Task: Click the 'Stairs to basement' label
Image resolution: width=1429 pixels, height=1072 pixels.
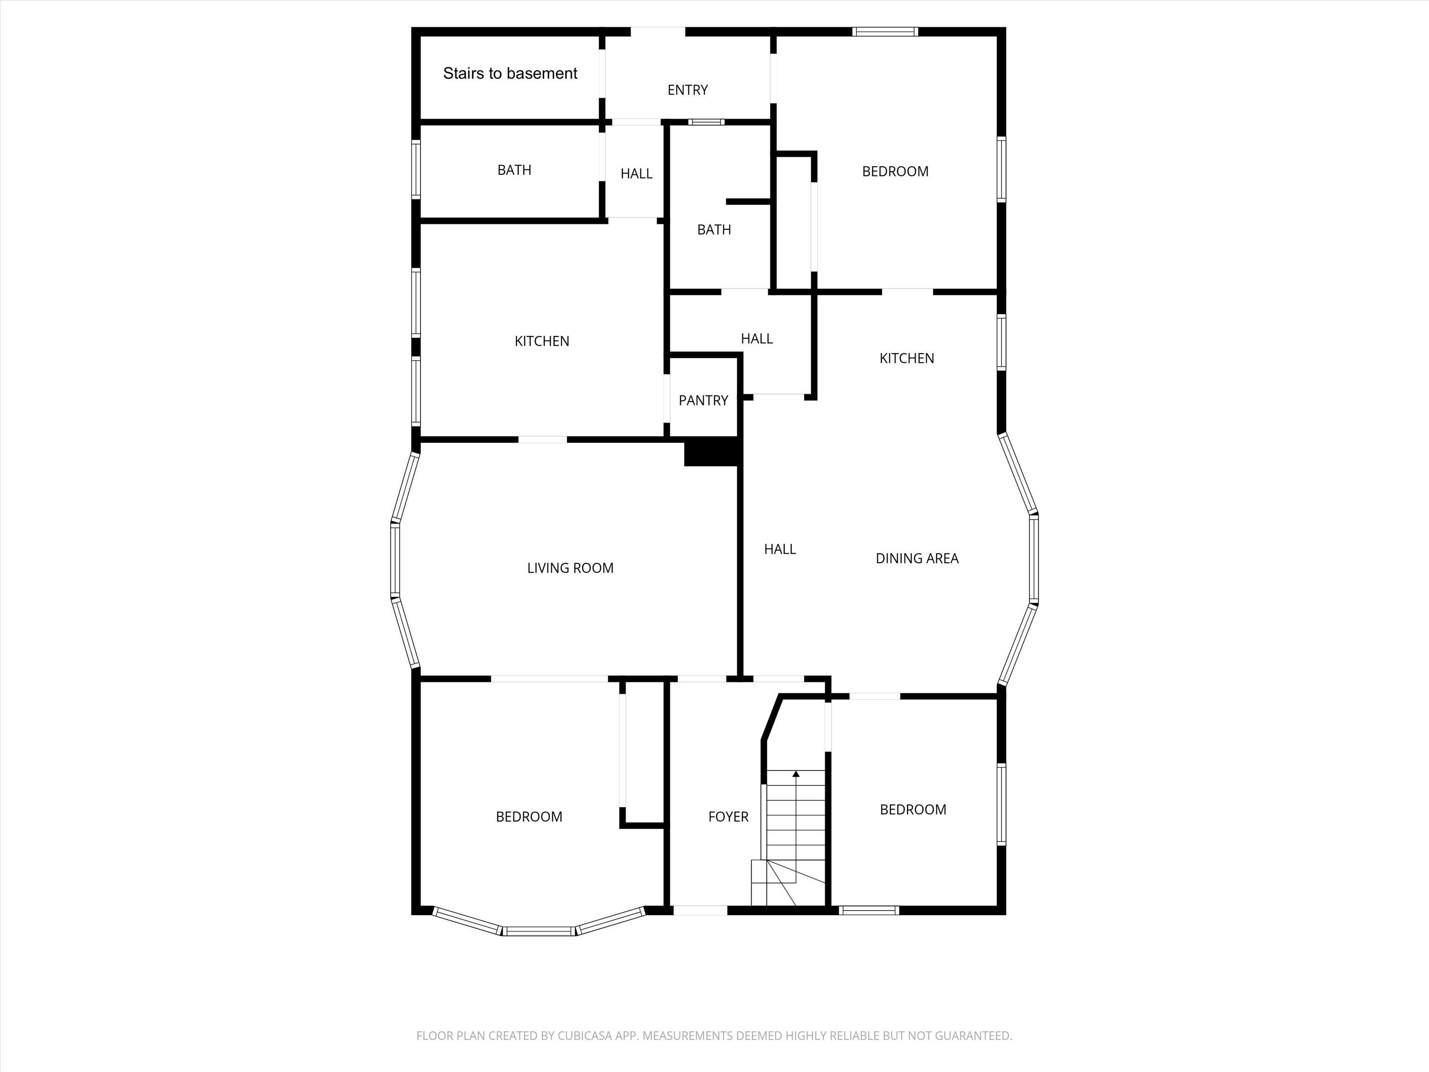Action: [x=510, y=74]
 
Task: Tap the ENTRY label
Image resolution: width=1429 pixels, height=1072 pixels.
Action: [x=688, y=90]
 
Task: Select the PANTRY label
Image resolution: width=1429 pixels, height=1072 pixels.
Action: [x=703, y=401]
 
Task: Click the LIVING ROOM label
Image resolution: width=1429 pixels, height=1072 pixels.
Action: [x=570, y=568]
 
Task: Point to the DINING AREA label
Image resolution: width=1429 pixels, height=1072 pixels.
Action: [x=917, y=558]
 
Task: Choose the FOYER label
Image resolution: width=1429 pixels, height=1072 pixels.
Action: [x=728, y=817]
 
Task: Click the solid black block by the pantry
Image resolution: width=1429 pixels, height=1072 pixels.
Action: [x=711, y=451]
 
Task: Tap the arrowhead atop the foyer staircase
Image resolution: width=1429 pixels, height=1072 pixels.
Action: [x=796, y=773]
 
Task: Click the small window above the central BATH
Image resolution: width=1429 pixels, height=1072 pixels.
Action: [x=706, y=121]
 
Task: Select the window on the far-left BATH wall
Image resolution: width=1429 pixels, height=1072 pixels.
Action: [x=417, y=169]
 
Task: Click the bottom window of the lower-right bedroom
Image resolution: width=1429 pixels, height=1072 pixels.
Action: [x=869, y=911]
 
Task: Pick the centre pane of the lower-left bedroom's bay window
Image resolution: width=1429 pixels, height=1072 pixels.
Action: [x=539, y=931]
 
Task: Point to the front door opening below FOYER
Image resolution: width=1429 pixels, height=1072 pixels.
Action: [x=700, y=911]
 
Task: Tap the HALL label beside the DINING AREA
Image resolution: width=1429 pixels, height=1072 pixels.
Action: [x=780, y=549]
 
